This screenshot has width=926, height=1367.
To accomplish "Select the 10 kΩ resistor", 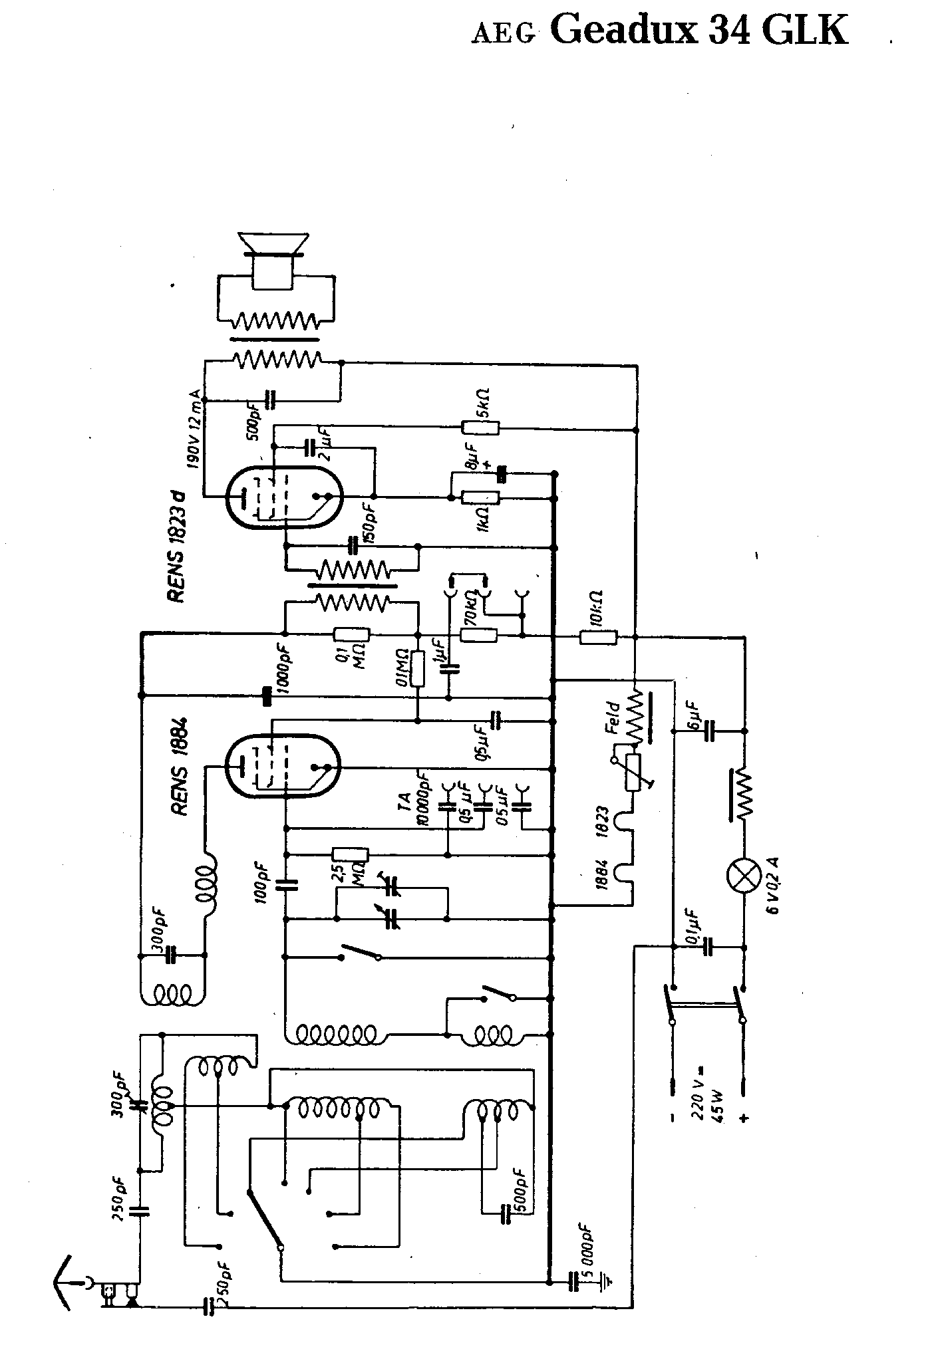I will coord(598,638).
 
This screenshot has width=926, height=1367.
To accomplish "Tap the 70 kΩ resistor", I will coord(479,636).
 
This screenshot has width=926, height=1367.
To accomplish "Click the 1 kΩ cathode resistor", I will coord(480,496).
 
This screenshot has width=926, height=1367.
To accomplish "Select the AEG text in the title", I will coord(503,35).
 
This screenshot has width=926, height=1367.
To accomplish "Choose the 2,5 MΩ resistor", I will coord(350,855).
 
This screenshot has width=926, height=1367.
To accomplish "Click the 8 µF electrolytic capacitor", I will coord(502,473).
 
